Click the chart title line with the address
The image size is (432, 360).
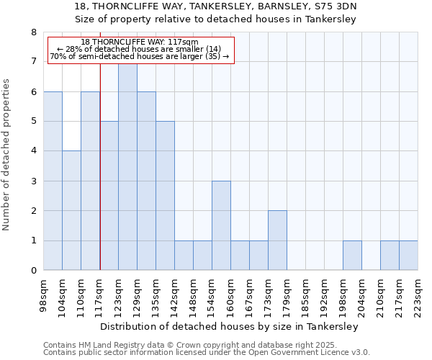(x=216, y=6)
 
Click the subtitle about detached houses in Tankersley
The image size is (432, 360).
(x=216, y=19)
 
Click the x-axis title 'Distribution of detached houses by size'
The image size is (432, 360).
(x=229, y=326)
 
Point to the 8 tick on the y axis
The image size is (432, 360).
(x=33, y=32)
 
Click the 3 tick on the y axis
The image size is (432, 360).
(x=33, y=181)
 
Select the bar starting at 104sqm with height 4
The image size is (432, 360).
(x=71, y=210)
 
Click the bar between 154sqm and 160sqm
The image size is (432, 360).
(x=221, y=225)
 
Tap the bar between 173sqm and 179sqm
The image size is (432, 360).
(x=277, y=240)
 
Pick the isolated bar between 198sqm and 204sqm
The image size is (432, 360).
(x=352, y=256)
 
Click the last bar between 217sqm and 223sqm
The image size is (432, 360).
(x=408, y=256)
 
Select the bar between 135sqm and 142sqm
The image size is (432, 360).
(x=165, y=196)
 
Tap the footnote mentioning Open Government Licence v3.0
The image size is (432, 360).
(x=207, y=353)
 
